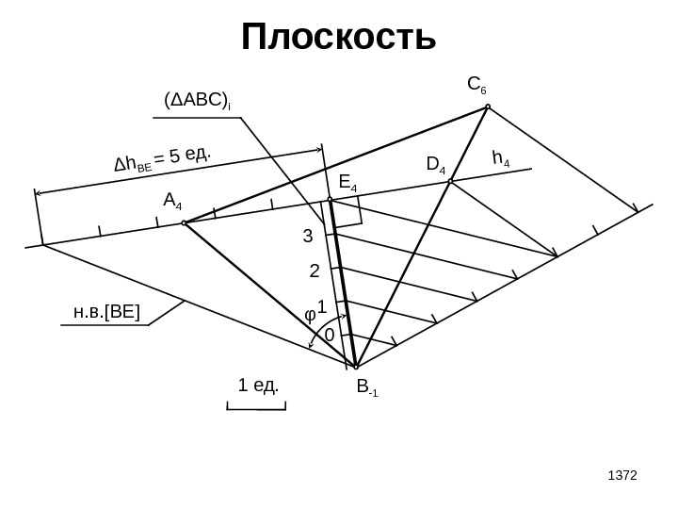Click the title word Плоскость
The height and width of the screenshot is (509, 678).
click(339, 40)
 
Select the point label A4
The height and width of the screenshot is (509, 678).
click(172, 200)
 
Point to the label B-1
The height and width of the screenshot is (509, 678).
click(364, 386)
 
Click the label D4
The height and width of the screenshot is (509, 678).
click(436, 165)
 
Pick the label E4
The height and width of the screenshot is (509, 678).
click(347, 181)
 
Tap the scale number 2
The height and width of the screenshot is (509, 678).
click(315, 271)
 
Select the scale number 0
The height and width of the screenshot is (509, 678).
click(329, 336)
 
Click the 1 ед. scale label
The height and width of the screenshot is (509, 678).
click(256, 386)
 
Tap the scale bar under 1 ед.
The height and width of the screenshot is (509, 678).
click(256, 407)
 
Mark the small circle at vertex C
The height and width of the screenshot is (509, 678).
click(488, 107)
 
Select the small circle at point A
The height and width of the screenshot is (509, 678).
click(185, 223)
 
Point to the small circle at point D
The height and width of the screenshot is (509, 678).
click(451, 180)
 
